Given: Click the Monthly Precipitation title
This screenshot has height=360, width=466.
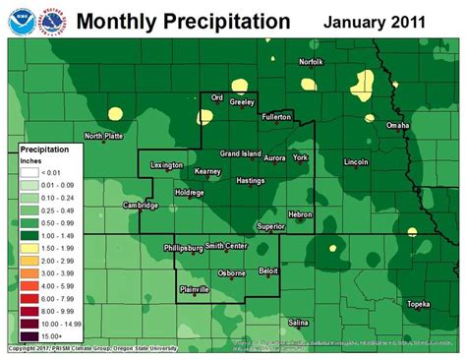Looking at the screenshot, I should point(183,21).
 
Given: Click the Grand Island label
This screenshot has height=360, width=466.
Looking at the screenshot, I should point(239,153).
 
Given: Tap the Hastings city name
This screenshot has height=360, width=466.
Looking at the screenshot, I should point(252,181).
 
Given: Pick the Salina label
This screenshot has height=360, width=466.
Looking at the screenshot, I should point(299,322).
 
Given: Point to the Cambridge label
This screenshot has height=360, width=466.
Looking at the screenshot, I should point(140,206).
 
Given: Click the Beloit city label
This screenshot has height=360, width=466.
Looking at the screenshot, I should point(268,269).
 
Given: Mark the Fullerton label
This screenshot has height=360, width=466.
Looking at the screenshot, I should point(277,116).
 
